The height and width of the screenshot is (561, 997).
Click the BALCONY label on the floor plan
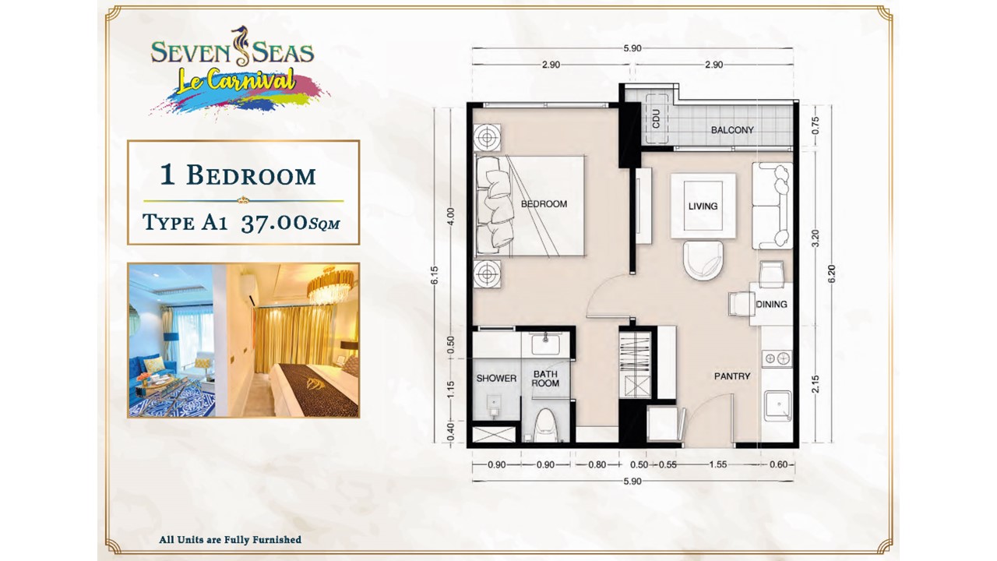tap(732, 130)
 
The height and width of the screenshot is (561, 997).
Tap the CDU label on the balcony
tap(656, 119)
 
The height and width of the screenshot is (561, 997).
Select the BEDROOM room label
tap(544, 204)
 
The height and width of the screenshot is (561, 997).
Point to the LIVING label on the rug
tap(703, 206)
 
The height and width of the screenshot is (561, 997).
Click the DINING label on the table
tap(771, 304)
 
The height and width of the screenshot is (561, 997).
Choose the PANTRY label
tap(732, 376)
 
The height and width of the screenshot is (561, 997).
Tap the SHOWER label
tap(496, 379)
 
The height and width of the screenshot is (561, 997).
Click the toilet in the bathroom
tap(546, 425)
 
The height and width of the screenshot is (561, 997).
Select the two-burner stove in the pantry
tap(777, 358)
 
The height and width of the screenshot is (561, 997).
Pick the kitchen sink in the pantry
tap(778, 406)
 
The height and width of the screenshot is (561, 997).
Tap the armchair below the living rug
tap(703, 260)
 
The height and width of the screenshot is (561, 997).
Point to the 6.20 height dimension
tap(832, 273)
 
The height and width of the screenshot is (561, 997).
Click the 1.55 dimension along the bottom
tap(717, 465)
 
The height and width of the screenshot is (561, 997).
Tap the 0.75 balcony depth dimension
tap(816, 125)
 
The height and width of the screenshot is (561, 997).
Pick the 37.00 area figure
tap(275, 223)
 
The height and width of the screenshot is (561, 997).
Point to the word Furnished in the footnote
tap(277, 540)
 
